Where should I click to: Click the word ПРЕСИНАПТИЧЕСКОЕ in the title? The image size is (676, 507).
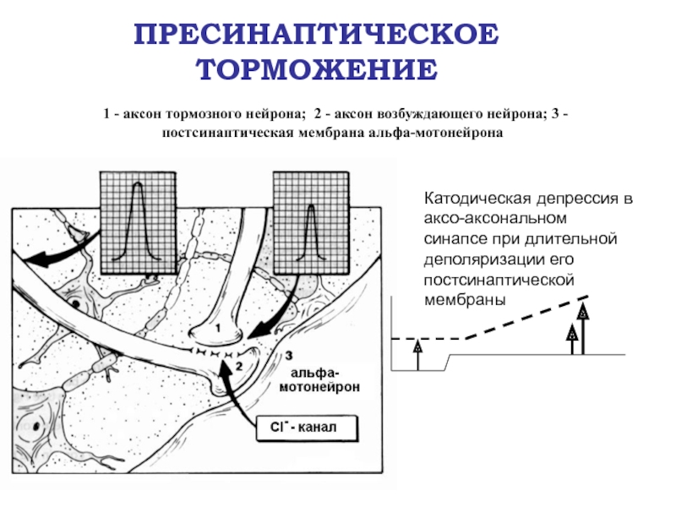(318, 35)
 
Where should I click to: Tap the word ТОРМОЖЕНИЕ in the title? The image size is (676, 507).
(318, 69)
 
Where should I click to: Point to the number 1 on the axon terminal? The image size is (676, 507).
(216, 326)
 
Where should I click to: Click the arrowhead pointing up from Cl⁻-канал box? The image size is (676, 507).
(224, 367)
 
